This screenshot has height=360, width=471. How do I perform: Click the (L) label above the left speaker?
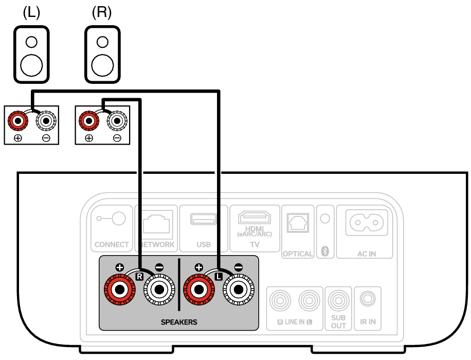[x=31, y=12]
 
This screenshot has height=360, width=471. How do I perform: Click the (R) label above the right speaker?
[x=101, y=12]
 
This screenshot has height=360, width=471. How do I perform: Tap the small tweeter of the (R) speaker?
[x=102, y=42]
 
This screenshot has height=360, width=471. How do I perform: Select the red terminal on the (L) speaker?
[x=17, y=121]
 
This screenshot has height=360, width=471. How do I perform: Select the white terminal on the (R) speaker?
[x=116, y=121]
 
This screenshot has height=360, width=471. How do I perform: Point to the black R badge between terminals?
[x=138, y=277]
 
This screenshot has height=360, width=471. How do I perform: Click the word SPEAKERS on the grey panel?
[x=179, y=322]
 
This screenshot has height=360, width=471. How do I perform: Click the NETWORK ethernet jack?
[x=156, y=223]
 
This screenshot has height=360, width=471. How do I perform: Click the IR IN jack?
[x=367, y=298]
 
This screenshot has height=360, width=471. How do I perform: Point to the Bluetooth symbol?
[x=324, y=251]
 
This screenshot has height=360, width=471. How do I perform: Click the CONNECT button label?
[x=112, y=245]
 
